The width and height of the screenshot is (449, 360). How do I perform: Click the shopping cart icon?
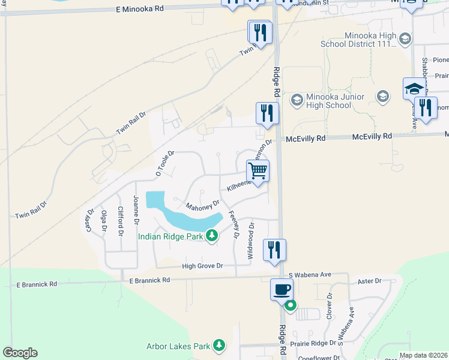[x=258, y=170]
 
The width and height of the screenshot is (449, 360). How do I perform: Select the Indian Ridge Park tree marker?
[x=211, y=236]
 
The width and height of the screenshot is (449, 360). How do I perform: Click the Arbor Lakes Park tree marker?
[x=219, y=346]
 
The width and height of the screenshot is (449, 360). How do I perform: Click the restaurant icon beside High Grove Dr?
[x=274, y=249]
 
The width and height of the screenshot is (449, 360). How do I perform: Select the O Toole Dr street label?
[x=164, y=163]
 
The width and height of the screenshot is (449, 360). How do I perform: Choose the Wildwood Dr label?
[x=252, y=241]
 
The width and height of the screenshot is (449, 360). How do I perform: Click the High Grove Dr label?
[x=202, y=266]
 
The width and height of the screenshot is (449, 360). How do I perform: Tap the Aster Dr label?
[x=369, y=281]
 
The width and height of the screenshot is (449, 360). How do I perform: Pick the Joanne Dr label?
[x=136, y=210]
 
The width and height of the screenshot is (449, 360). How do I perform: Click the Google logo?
[x=20, y=353]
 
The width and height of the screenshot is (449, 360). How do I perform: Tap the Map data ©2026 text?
[x=423, y=355]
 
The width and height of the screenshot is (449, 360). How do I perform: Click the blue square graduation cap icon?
[x=414, y=89]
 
